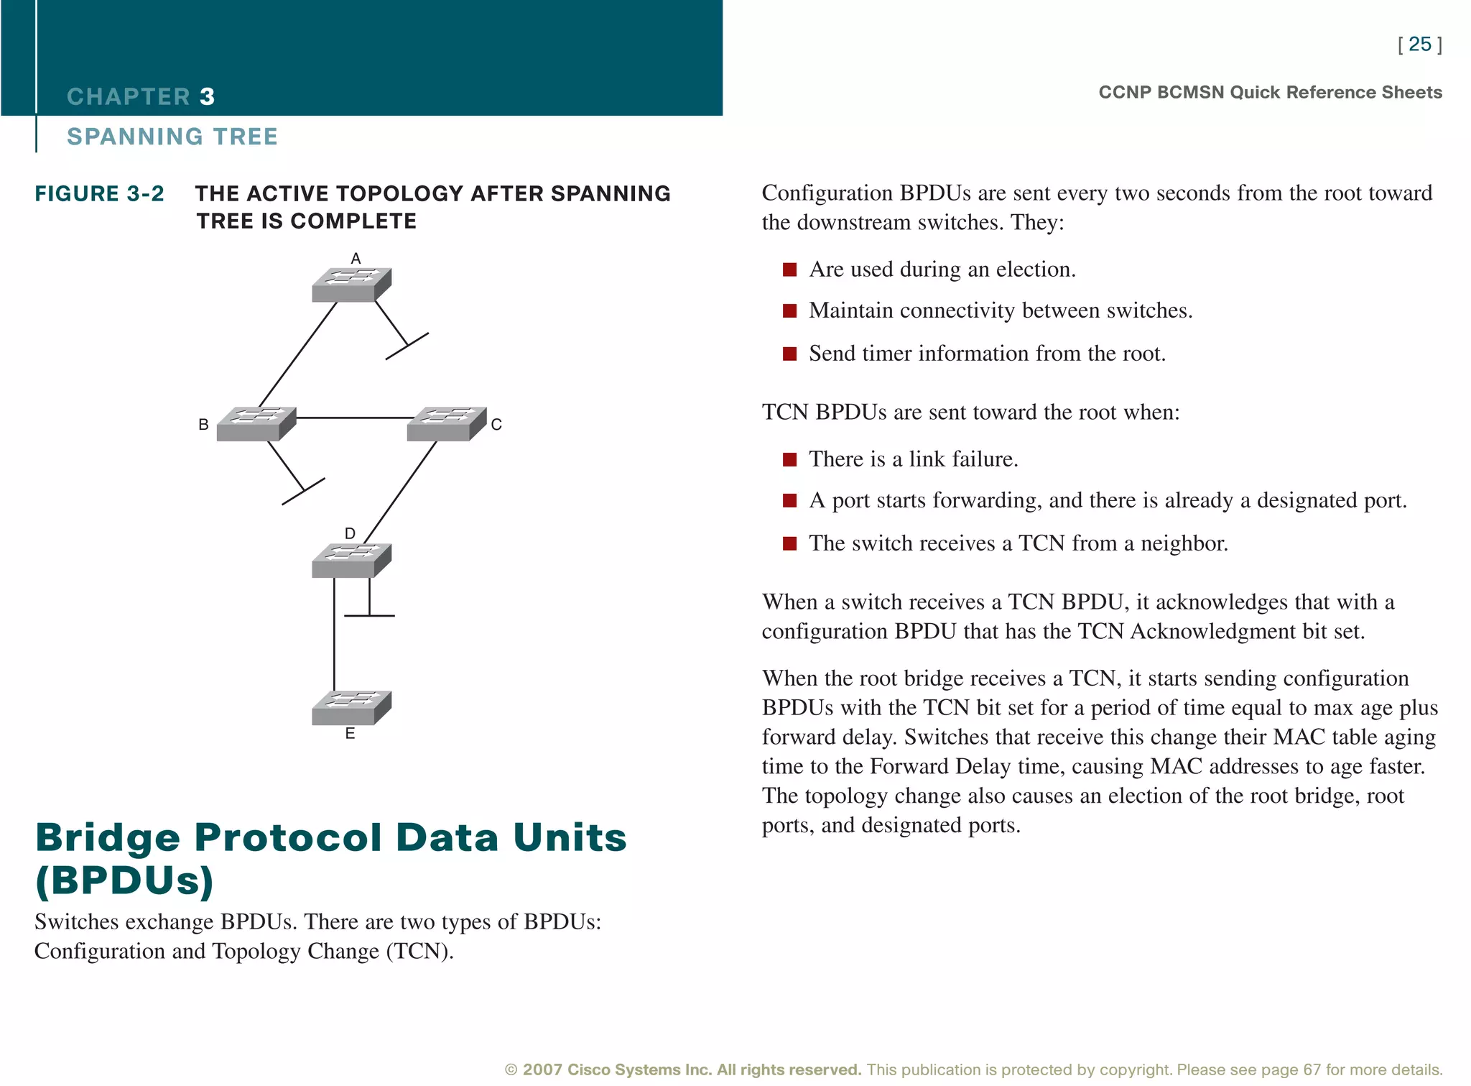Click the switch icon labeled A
tap(351, 285)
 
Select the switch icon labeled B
tap(256, 423)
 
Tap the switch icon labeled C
tap(446, 423)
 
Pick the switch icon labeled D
tap(351, 560)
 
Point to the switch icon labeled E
tap(351, 707)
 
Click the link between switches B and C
tap(352, 418)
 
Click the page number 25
tap(1419, 45)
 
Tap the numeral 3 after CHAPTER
tap(207, 96)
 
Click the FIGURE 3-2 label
tap(99, 194)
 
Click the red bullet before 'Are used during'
tap(789, 270)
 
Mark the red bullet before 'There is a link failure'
tap(789, 460)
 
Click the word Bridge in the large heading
tap(108, 837)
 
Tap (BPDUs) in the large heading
tap(124, 880)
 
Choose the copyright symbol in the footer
tap(511, 1070)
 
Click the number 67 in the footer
tap(1312, 1070)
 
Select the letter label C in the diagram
tap(496, 425)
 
